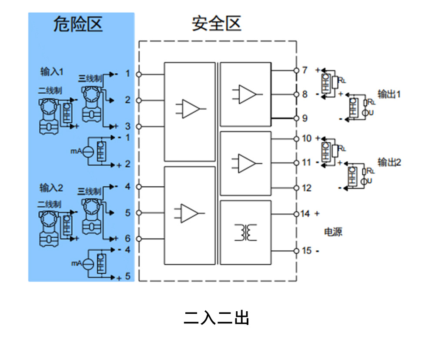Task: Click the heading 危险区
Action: tap(78, 25)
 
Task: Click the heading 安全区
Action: tap(216, 24)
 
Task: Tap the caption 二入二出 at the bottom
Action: tap(216, 318)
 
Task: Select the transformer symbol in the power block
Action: tap(245, 232)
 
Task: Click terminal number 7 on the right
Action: tap(305, 70)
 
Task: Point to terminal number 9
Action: tap(305, 118)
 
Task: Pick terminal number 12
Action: tap(307, 188)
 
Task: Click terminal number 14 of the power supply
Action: tap(306, 214)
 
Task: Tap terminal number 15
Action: tap(306, 251)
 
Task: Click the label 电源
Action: tap(333, 232)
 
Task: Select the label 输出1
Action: tap(389, 94)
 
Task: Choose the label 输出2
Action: tap(389, 162)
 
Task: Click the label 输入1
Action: tap(52, 71)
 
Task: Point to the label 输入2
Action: tap(52, 188)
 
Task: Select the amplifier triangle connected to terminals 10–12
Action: tap(247, 163)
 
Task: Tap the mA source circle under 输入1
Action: tap(88, 151)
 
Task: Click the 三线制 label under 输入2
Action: tap(90, 192)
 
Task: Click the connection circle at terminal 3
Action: tap(139, 126)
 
